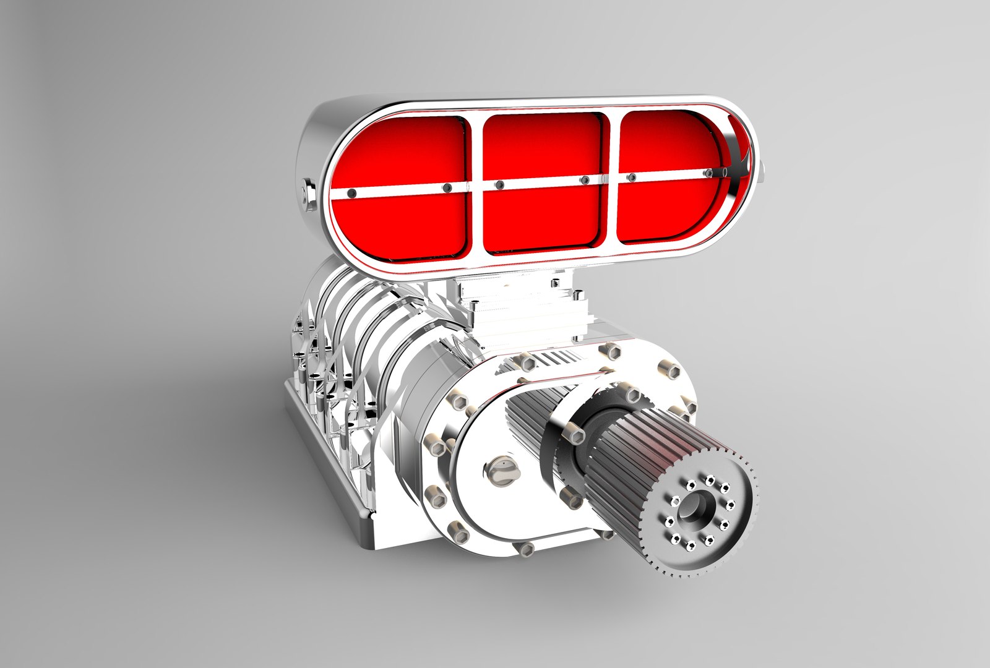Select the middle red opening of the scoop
tap(541, 148)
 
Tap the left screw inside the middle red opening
tap(499, 185)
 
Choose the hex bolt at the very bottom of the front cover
tap(527, 549)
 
